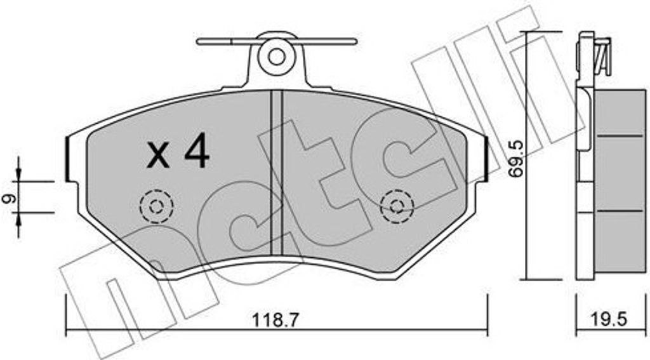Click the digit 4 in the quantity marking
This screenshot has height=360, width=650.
tap(194, 152)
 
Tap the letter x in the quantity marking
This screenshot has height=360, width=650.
tap(158, 155)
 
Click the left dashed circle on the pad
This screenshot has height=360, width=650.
tap(156, 206)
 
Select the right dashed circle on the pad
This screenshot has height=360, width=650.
tap(397, 206)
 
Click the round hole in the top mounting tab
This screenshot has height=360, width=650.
tap(276, 56)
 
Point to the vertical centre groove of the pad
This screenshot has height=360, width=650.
tap(276, 171)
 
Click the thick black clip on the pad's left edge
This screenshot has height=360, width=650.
tap(68, 157)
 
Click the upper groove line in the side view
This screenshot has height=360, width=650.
tap(621, 135)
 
